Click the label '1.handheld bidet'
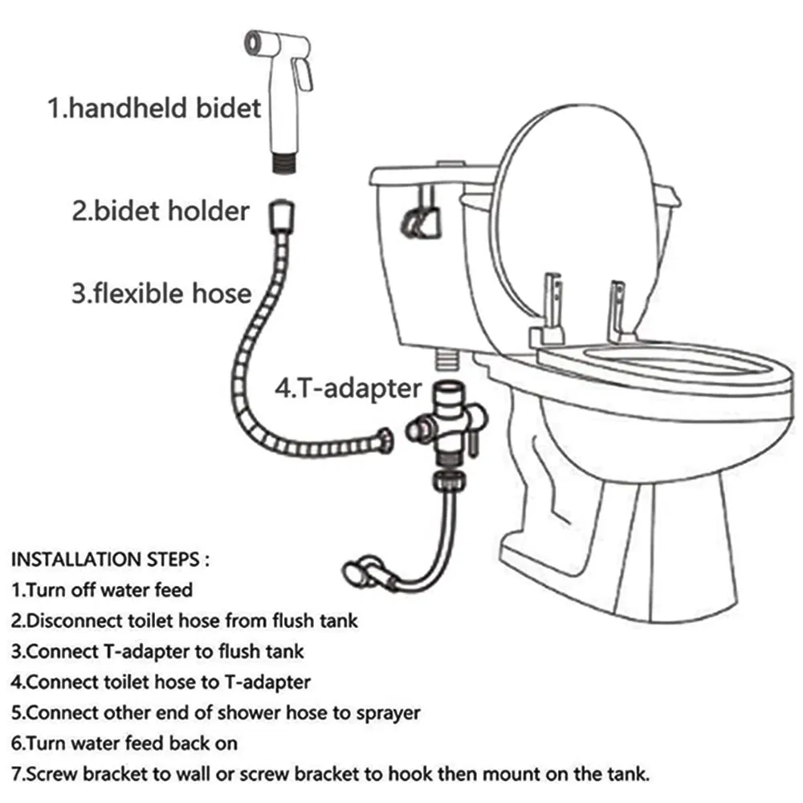(155, 108)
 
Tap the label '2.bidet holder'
(161, 211)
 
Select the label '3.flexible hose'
(161, 292)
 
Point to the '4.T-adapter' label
(348, 388)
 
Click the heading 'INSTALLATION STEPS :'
(113, 559)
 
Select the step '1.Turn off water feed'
(102, 590)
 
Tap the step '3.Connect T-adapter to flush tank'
(157, 651)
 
